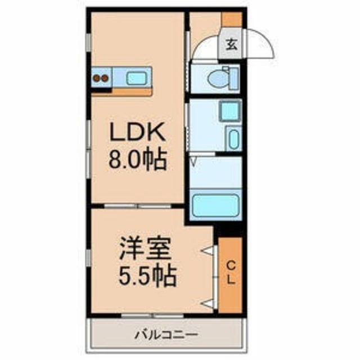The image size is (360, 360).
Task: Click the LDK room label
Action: point(137,134)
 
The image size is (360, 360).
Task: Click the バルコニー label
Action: point(166,336)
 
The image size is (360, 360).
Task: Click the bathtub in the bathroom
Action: point(215,206)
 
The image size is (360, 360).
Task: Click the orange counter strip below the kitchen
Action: point(123,91)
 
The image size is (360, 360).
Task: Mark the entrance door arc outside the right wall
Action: point(262,42)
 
